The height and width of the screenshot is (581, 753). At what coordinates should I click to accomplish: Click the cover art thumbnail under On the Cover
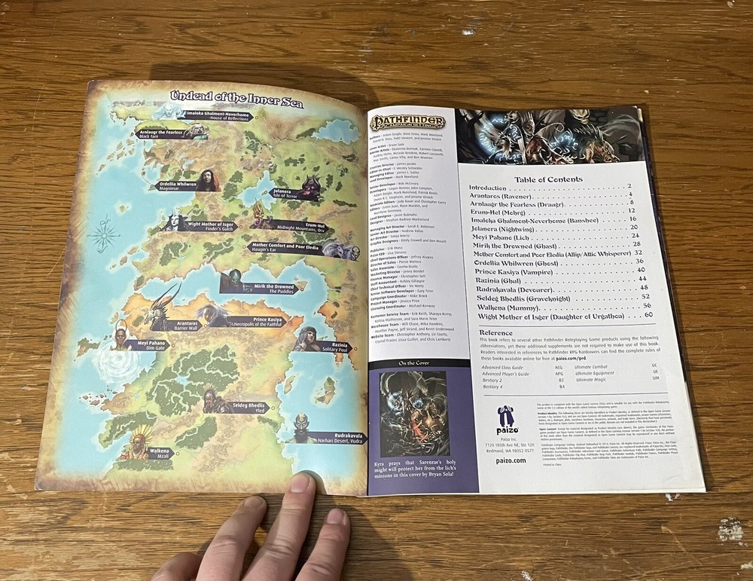coord(413,414)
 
